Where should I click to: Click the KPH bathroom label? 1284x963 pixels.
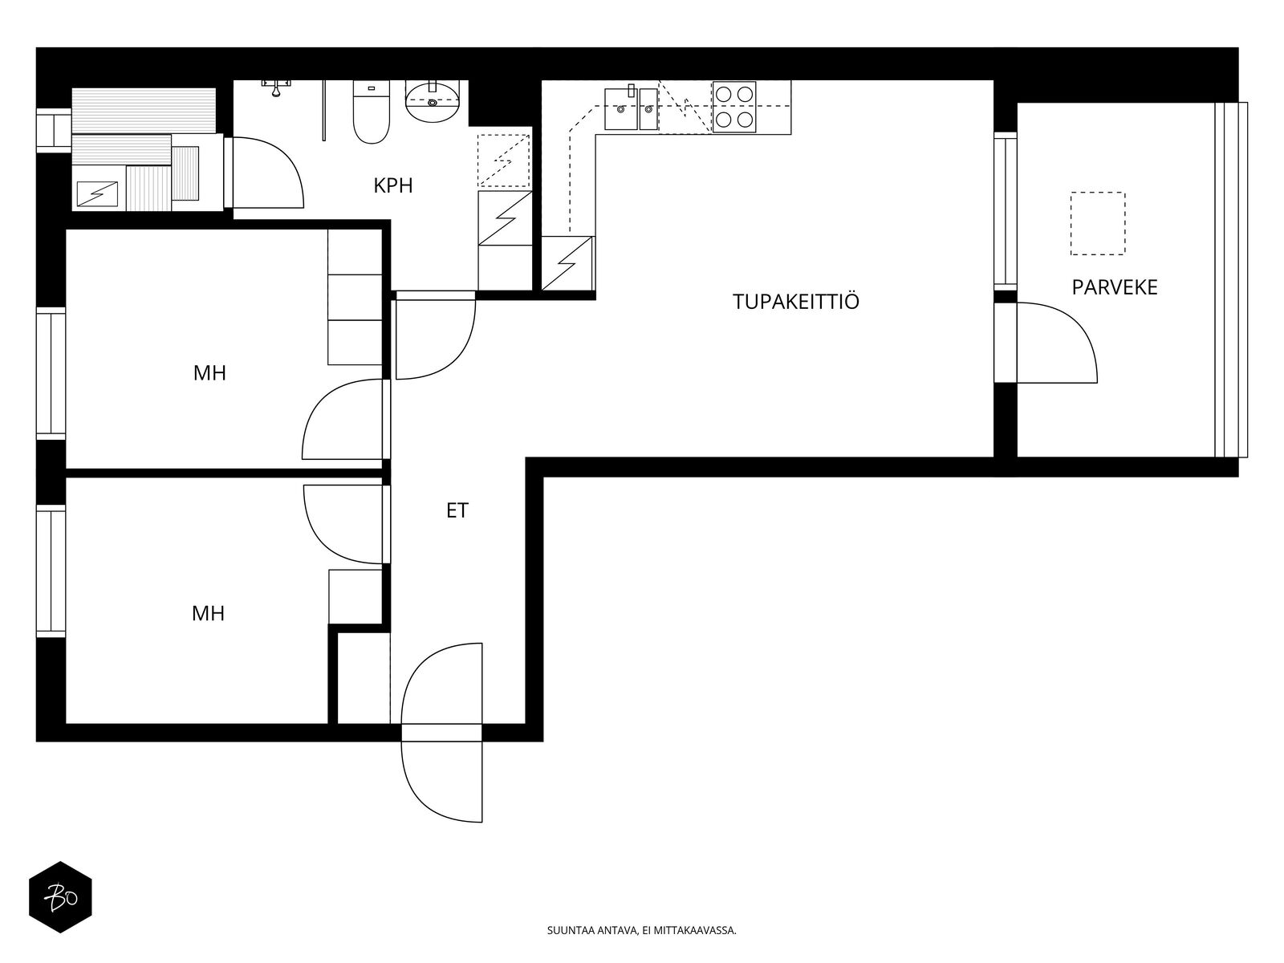point(393,185)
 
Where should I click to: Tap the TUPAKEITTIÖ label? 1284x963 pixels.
point(796,301)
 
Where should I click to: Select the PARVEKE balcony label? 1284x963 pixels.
point(1115,287)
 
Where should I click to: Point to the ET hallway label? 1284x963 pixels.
point(457,510)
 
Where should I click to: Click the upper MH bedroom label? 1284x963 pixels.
point(209,372)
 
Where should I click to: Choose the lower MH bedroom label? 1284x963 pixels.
point(208,613)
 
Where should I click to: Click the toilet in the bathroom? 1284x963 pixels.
point(372,112)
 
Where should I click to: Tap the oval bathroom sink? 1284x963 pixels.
point(433,103)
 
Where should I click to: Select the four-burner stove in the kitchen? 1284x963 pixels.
point(734,107)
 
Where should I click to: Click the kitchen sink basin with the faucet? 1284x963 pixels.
point(620,109)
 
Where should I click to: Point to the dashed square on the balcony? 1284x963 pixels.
point(1098,223)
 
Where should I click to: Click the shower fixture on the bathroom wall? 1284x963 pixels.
point(275,87)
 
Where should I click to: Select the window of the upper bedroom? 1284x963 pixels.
point(51,373)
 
